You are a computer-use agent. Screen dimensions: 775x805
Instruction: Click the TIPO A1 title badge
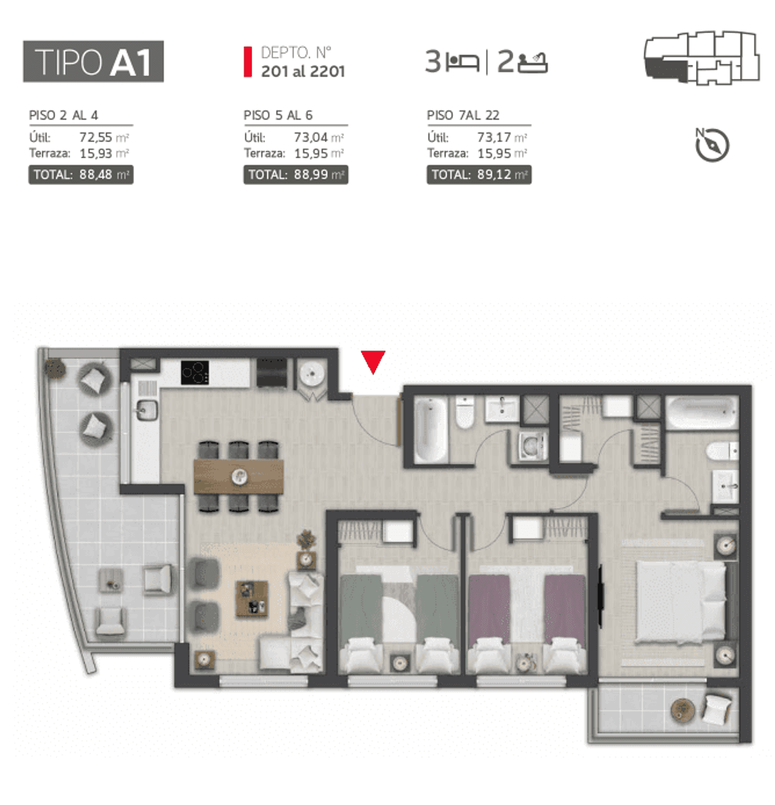(93, 61)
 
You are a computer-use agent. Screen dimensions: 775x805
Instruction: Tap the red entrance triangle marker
(373, 361)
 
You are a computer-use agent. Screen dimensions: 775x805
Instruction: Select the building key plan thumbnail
(702, 58)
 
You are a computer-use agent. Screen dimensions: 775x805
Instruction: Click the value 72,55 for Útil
(95, 137)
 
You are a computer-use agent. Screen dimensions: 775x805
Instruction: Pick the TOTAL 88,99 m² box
(296, 175)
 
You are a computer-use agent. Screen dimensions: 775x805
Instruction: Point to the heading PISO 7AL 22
(463, 115)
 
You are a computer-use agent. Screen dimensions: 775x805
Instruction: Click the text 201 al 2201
(303, 71)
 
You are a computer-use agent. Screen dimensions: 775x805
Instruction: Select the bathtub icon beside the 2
(532, 62)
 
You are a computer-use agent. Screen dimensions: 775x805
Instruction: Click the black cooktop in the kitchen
(195, 372)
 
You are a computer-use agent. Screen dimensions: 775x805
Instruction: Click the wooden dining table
(239, 476)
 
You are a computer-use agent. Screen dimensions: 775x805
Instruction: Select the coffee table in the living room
(252, 599)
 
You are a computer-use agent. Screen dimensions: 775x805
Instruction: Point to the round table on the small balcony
(683, 711)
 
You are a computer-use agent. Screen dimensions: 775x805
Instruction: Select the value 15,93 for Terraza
(96, 153)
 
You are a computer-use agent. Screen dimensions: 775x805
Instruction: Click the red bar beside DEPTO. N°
(248, 62)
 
